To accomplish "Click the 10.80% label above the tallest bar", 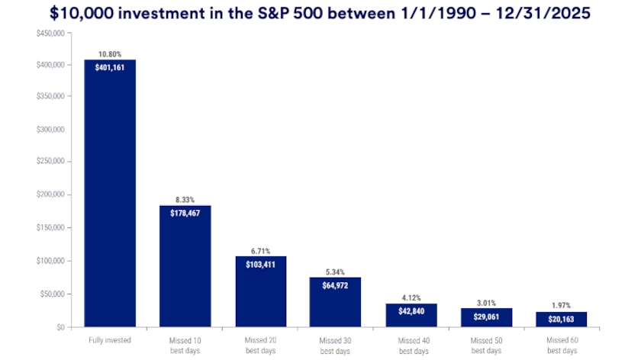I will click(110, 54).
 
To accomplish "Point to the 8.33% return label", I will click(185, 199).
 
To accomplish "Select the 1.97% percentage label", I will click(562, 305).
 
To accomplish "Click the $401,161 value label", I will click(110, 67).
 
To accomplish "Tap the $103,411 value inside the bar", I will click(260, 264).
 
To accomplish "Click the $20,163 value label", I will click(562, 319).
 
